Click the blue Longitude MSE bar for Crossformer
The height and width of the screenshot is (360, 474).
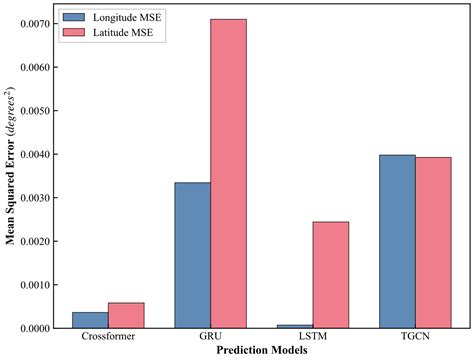[90, 320]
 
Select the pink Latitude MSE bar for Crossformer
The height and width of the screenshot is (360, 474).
[126, 316]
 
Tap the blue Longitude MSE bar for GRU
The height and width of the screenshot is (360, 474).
[192, 255]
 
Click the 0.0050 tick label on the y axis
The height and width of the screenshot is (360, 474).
[40, 110]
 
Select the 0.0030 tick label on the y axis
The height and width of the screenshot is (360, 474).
[40, 197]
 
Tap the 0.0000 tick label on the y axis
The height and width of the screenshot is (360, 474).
[40, 328]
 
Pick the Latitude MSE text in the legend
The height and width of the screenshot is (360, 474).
[127, 33]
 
